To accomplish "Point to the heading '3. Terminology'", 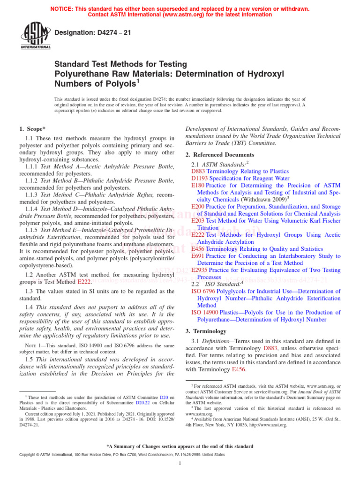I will click(207, 331).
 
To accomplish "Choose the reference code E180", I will click(198, 186).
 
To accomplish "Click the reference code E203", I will click(198, 221).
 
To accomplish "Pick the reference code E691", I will click(198, 256).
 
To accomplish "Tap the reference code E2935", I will click(200, 270).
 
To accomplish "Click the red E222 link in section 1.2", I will click(84, 281).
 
